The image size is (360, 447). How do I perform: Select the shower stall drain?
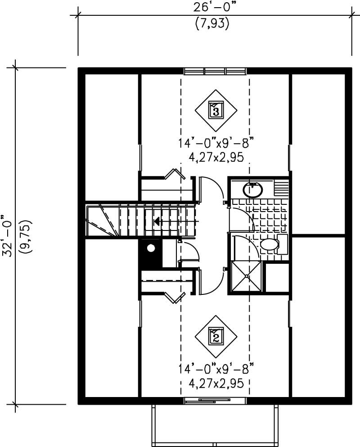click(x=247, y=276)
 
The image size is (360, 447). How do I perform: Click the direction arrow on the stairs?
click(x=157, y=221)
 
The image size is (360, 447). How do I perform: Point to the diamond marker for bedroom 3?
click(x=216, y=109)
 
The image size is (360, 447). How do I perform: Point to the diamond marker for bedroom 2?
click(x=216, y=336)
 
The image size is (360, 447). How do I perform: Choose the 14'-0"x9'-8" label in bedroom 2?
click(x=216, y=370)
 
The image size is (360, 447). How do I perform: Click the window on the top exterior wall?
click(x=215, y=71)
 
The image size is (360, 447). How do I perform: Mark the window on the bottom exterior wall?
click(x=215, y=400)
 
